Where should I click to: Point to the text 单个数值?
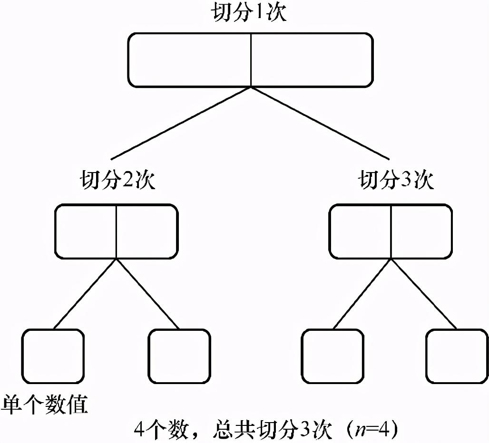pos(45,406)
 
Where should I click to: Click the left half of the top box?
pos(189,60)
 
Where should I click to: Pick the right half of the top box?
pos(311,60)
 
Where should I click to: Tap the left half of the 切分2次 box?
pos(86,231)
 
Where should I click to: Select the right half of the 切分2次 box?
pos(147,231)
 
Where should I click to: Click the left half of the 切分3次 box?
pos(361,231)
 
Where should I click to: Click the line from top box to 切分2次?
pos(181,124)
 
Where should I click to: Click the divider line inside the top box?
pos(251,60)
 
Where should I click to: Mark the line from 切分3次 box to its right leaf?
pos(423,293)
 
